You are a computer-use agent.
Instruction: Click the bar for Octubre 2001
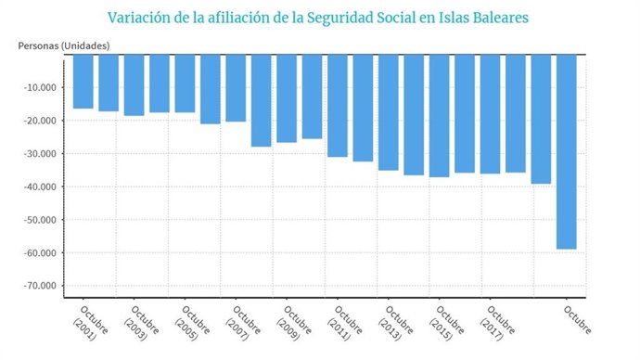click(x=83, y=82)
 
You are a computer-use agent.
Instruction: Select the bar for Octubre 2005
click(x=185, y=84)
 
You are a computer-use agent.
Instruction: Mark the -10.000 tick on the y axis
click(x=40, y=88)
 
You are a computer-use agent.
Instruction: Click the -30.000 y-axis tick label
click(x=40, y=154)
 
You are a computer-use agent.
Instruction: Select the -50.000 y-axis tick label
click(x=40, y=220)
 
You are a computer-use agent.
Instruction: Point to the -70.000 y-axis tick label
click(x=40, y=286)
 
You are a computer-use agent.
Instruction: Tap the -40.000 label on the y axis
click(x=40, y=186)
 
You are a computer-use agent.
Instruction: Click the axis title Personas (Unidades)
click(x=64, y=45)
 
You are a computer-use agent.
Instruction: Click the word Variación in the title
click(x=140, y=18)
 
